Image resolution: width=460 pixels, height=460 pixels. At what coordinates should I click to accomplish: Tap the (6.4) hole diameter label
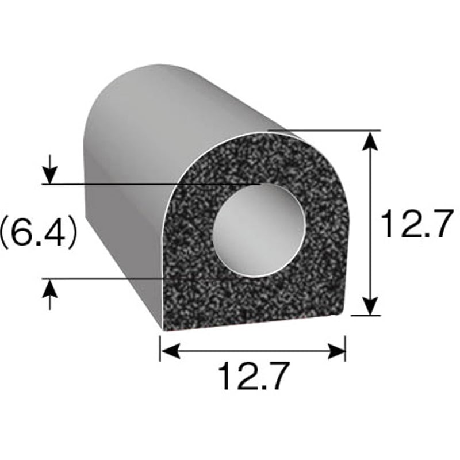tap(39, 232)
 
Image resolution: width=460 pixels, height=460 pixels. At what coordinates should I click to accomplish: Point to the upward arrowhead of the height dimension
tap(372, 140)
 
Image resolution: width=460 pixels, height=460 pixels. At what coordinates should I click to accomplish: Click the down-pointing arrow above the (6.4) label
tap(51, 172)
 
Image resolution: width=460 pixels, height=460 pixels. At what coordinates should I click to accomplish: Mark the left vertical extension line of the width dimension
tap(160, 348)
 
